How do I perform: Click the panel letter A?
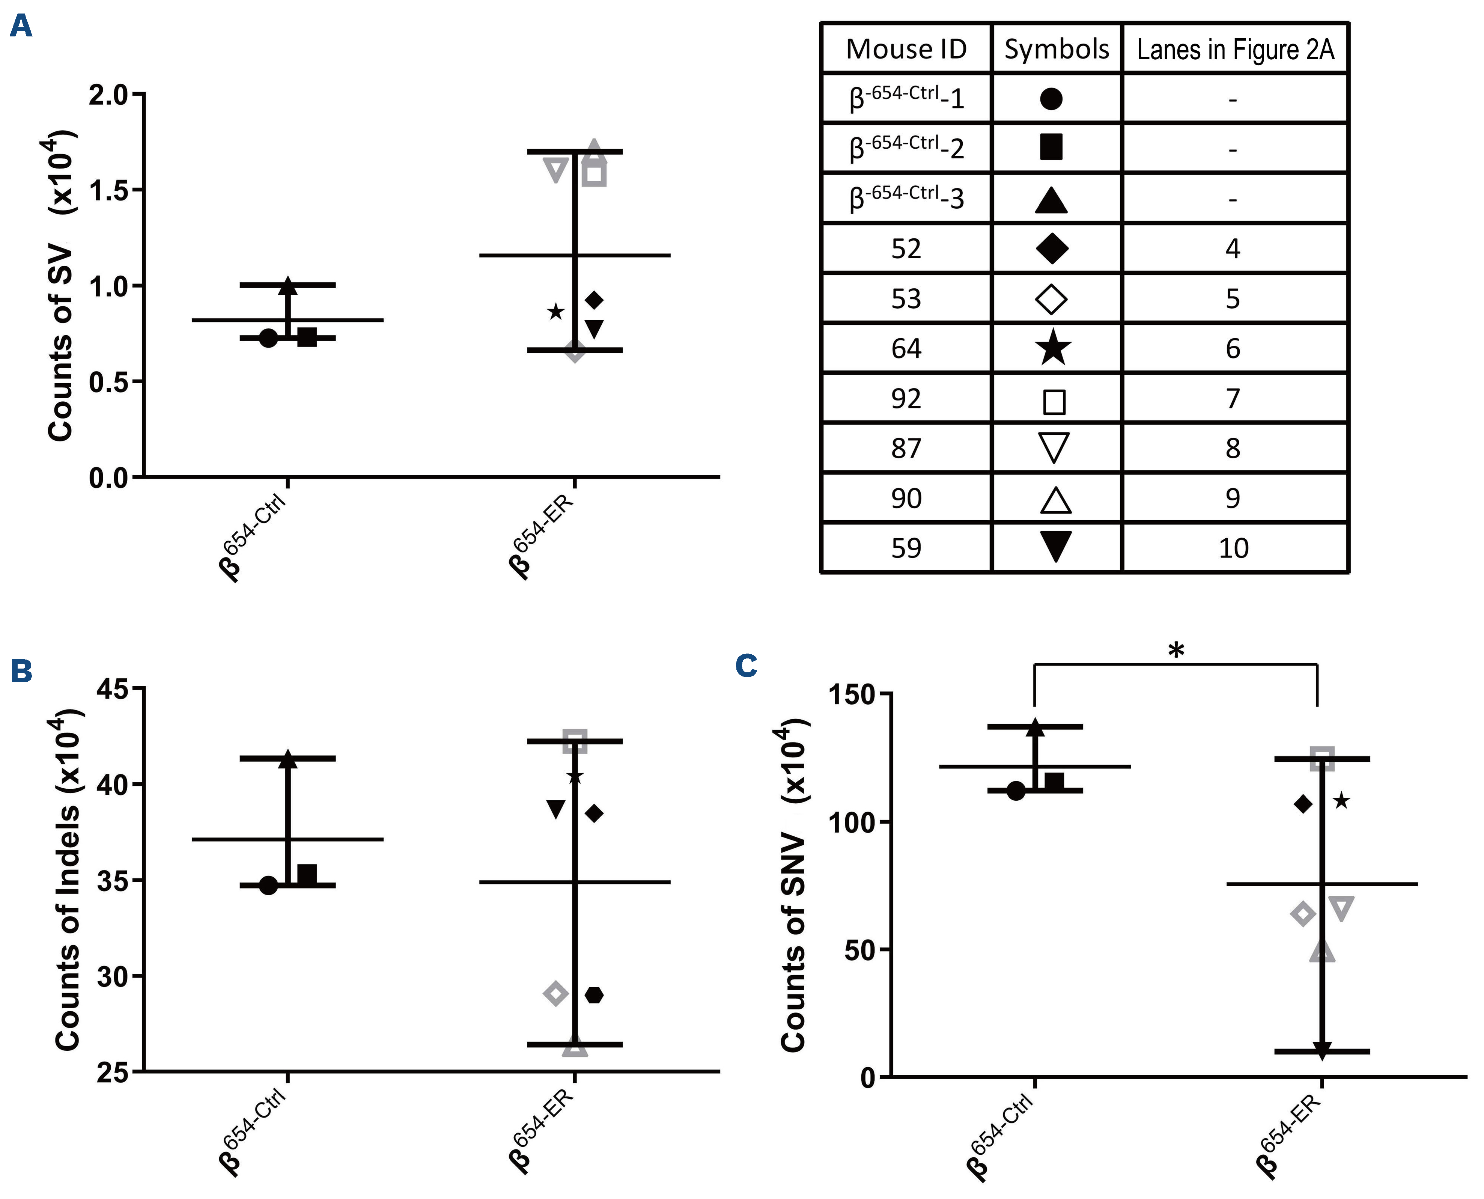click(x=21, y=26)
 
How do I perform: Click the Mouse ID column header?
click(x=906, y=49)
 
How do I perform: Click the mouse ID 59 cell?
click(x=906, y=548)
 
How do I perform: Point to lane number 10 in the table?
click(x=1233, y=548)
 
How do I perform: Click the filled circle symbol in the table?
click(x=1051, y=99)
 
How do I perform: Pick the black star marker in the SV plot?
click(x=555, y=312)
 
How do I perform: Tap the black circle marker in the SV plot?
click(x=269, y=339)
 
